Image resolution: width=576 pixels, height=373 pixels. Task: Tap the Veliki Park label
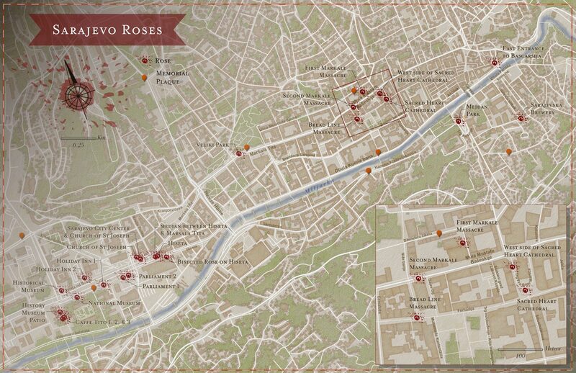(x=211, y=144)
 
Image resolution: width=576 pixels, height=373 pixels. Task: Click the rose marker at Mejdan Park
(x=459, y=121)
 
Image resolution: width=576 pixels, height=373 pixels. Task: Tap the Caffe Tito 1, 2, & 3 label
(x=102, y=322)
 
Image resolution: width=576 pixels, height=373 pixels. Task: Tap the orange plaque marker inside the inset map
(x=439, y=234)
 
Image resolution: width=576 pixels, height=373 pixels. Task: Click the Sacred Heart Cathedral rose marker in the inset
(x=526, y=289)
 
